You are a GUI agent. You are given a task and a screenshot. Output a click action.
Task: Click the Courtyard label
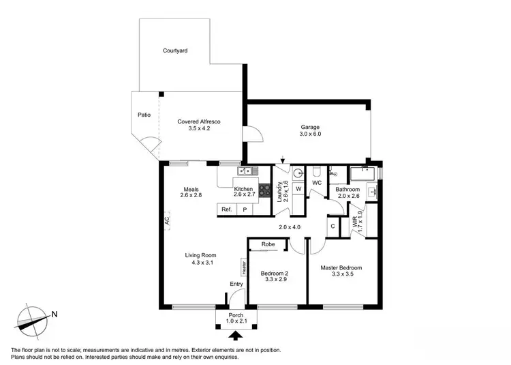coord(175,50)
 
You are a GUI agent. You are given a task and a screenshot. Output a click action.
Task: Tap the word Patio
coord(144,115)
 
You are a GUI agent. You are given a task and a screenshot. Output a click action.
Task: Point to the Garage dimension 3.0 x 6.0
coord(310,134)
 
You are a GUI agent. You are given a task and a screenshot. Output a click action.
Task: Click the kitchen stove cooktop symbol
coord(264,192)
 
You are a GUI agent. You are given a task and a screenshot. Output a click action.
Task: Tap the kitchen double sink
coord(245,171)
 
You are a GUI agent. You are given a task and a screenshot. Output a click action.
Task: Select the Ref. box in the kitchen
coord(226,210)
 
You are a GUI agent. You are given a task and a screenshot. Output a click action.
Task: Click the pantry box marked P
coord(245,210)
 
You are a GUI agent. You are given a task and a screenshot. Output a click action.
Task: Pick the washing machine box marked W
coord(298,189)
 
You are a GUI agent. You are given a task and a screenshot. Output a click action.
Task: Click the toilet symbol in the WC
coord(318,171)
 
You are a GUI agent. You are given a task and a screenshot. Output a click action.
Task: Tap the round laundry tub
coord(298,173)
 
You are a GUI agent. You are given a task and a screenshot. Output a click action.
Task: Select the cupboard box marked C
coord(332,226)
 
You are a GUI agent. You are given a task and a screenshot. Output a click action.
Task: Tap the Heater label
coord(243,267)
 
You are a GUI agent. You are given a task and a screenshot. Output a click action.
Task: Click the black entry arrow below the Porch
coord(236,335)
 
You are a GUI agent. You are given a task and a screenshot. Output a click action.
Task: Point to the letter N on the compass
coord(55,315)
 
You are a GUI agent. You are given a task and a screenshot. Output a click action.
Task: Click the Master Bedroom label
coord(341,267)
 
